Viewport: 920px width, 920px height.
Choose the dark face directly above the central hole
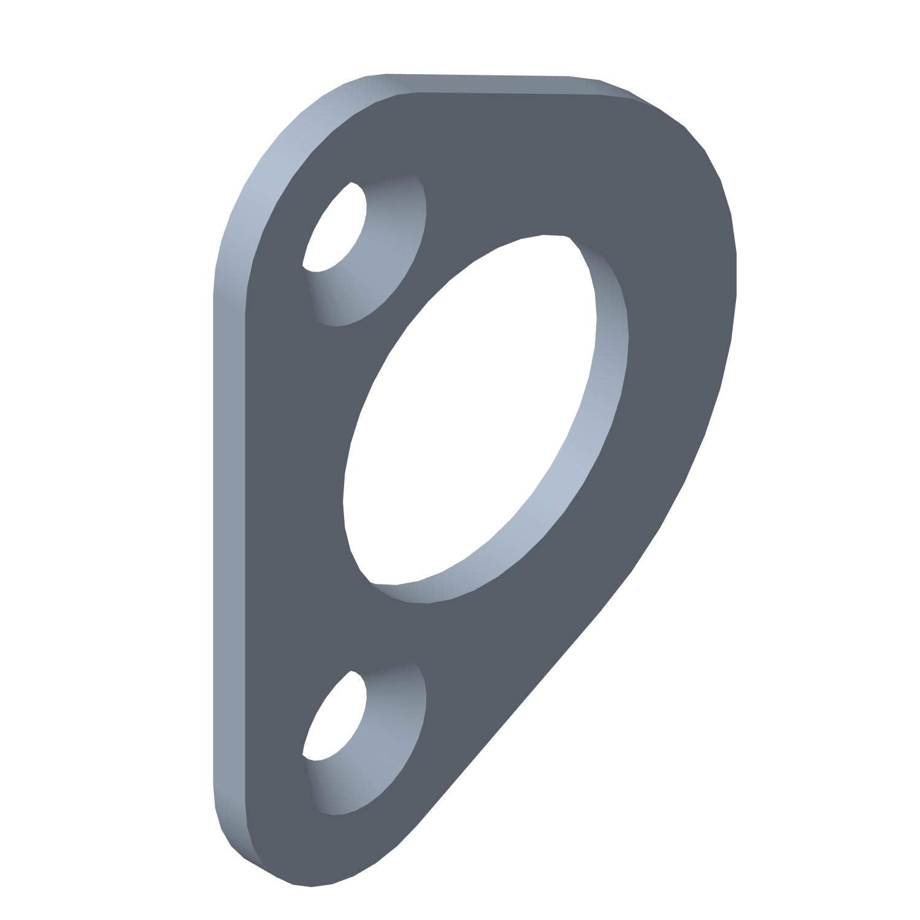[540, 172]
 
